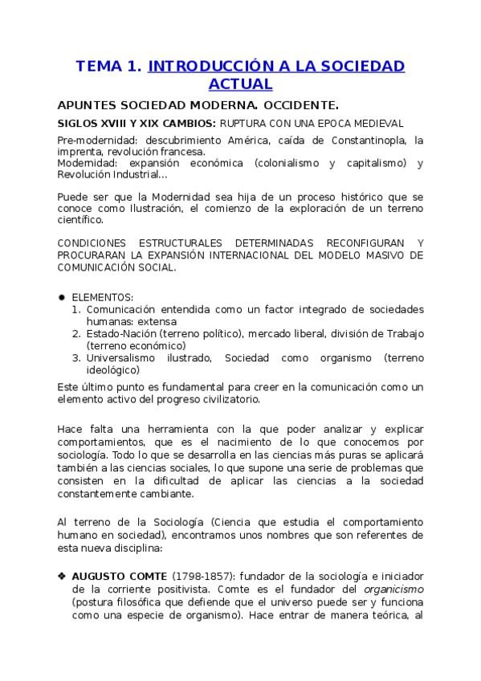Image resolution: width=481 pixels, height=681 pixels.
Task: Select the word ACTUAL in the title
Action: [x=240, y=84]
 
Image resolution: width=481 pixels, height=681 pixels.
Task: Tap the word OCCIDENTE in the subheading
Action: [x=296, y=105]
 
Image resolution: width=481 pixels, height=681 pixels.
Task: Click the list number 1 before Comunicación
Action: [x=76, y=309]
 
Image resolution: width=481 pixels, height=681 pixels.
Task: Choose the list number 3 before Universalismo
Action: [x=76, y=357]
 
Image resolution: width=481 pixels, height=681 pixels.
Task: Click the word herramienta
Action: [x=165, y=429]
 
